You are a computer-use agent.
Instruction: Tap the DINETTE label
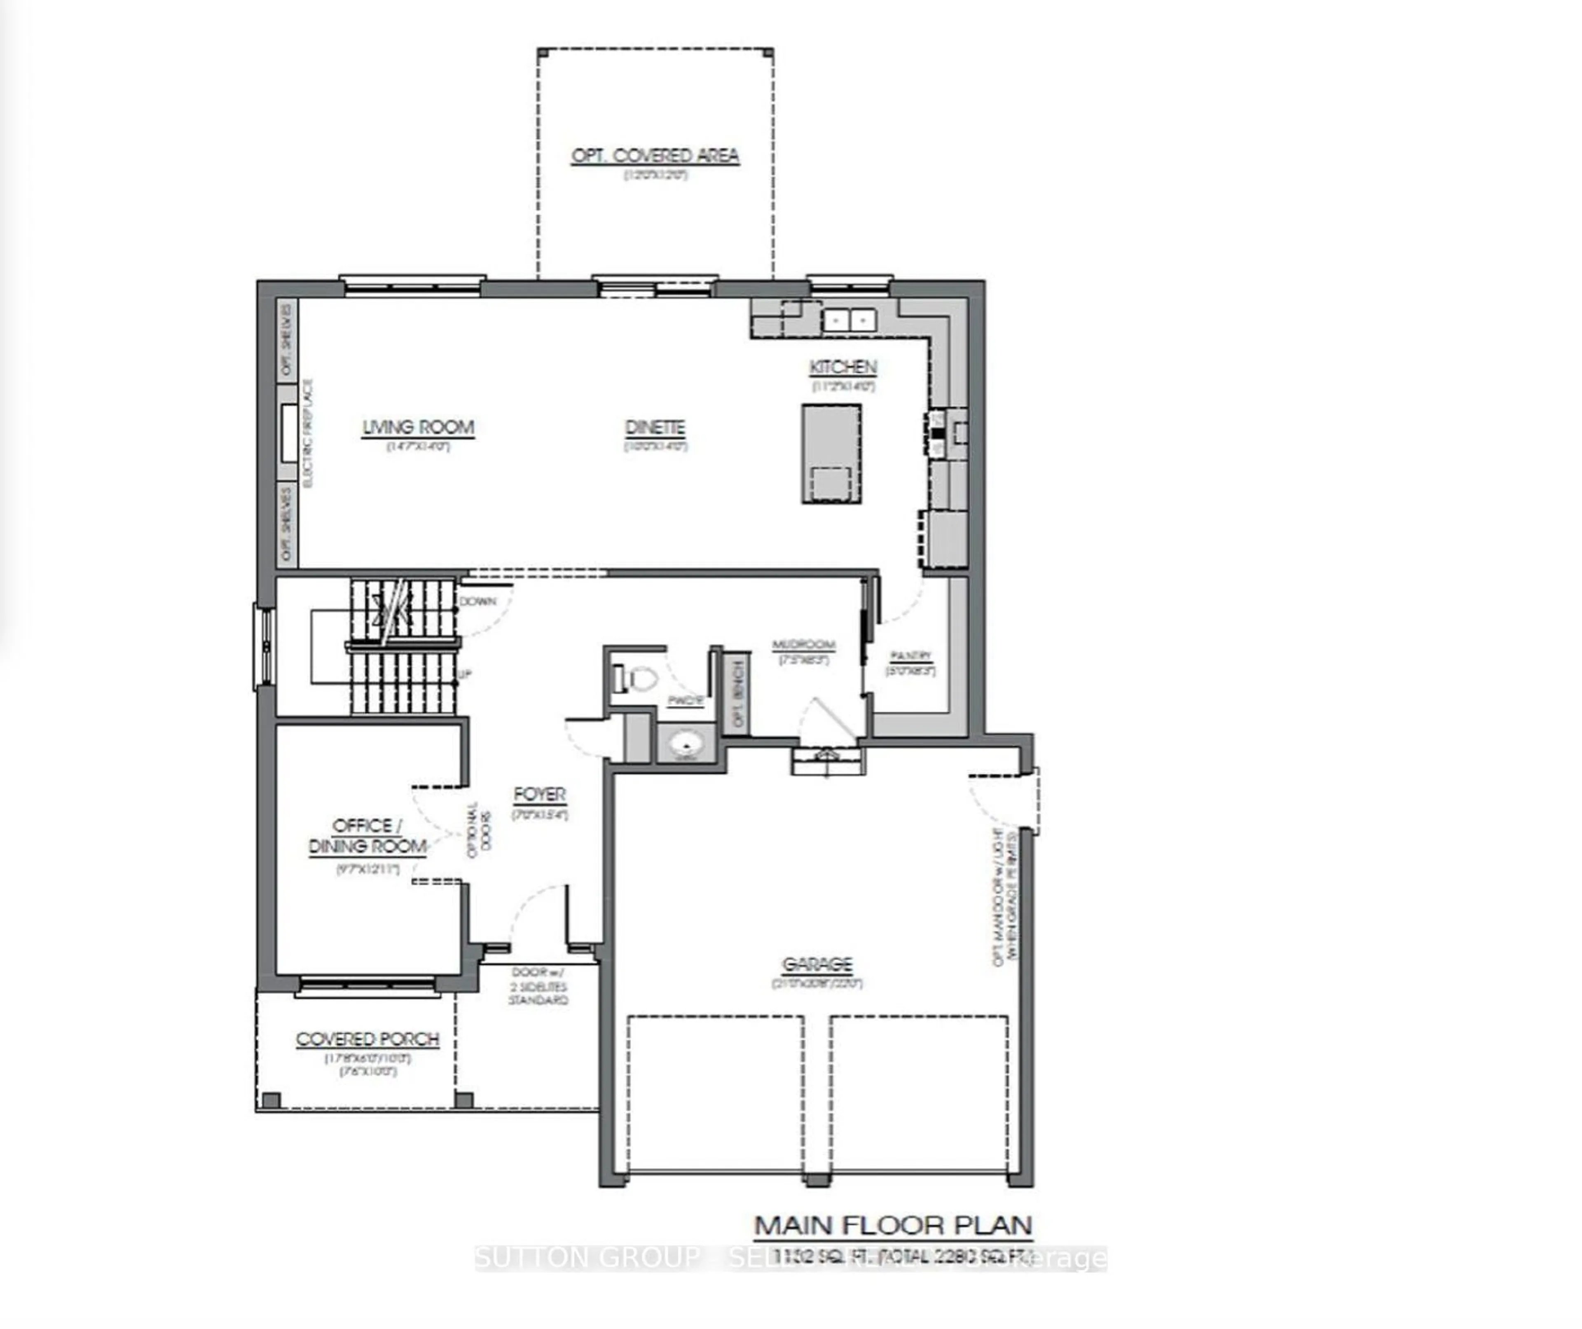point(655,427)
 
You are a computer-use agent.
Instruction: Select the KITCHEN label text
point(843,367)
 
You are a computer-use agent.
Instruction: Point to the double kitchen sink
point(849,320)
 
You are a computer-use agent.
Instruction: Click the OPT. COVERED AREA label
point(655,156)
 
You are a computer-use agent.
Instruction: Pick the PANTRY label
point(910,655)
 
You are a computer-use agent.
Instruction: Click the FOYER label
point(539,794)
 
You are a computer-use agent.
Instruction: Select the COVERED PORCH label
point(367,1039)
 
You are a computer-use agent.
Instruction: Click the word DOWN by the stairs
point(477,601)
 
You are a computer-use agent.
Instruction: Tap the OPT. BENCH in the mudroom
point(737,693)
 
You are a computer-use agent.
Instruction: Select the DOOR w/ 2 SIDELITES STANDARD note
point(538,986)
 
